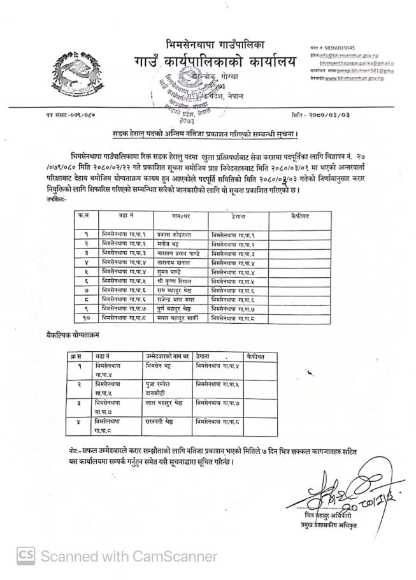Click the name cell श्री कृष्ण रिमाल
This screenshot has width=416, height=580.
176,281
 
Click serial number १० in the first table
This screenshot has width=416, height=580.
85,317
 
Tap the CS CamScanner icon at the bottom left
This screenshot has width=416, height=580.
25,556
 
